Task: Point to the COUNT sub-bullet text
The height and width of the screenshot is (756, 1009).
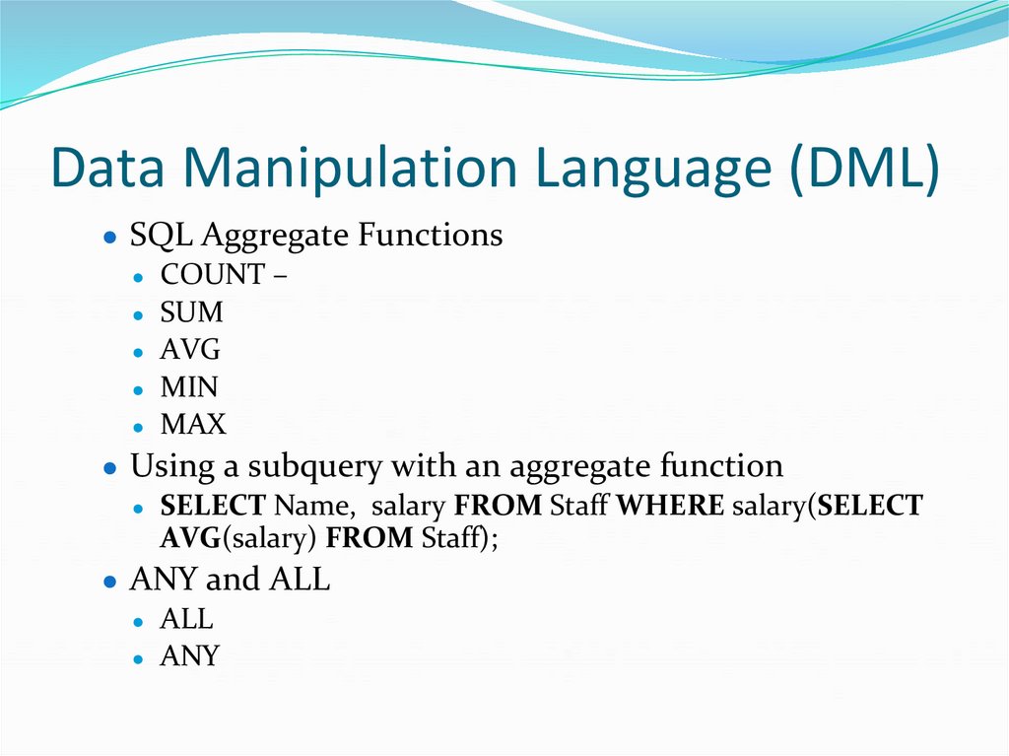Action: (x=213, y=275)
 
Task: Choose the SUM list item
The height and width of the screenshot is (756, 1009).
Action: (x=191, y=312)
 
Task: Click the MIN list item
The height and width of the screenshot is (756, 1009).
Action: (x=189, y=387)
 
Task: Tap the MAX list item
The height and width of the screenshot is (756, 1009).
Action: (x=193, y=425)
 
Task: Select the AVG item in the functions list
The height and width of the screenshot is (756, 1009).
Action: (x=190, y=350)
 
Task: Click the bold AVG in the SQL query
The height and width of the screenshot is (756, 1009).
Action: (x=187, y=539)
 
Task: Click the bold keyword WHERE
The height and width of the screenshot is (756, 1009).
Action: (x=670, y=507)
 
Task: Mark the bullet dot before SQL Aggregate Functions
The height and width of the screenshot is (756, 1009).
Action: (x=110, y=239)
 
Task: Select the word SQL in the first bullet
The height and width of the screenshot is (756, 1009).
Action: (x=156, y=237)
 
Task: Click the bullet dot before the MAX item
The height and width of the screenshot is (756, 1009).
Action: (x=141, y=427)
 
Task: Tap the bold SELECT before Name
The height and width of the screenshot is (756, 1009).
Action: (x=213, y=507)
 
